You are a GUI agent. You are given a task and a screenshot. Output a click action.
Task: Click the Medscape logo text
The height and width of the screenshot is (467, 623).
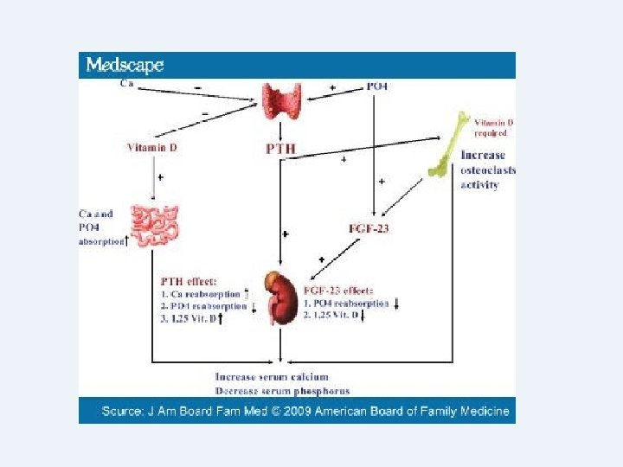125,65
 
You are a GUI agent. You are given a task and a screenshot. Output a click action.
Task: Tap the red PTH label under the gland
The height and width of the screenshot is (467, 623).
279,149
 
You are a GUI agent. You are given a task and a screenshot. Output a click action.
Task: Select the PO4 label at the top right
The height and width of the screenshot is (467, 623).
377,86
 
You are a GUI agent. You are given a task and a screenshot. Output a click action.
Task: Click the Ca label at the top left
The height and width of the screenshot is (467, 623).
126,83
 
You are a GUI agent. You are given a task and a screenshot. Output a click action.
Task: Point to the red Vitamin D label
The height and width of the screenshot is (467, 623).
152,147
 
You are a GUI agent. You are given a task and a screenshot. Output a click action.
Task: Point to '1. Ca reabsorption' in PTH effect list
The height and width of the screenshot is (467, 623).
200,294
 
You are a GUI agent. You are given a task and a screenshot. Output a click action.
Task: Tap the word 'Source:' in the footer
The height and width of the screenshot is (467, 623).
125,411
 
